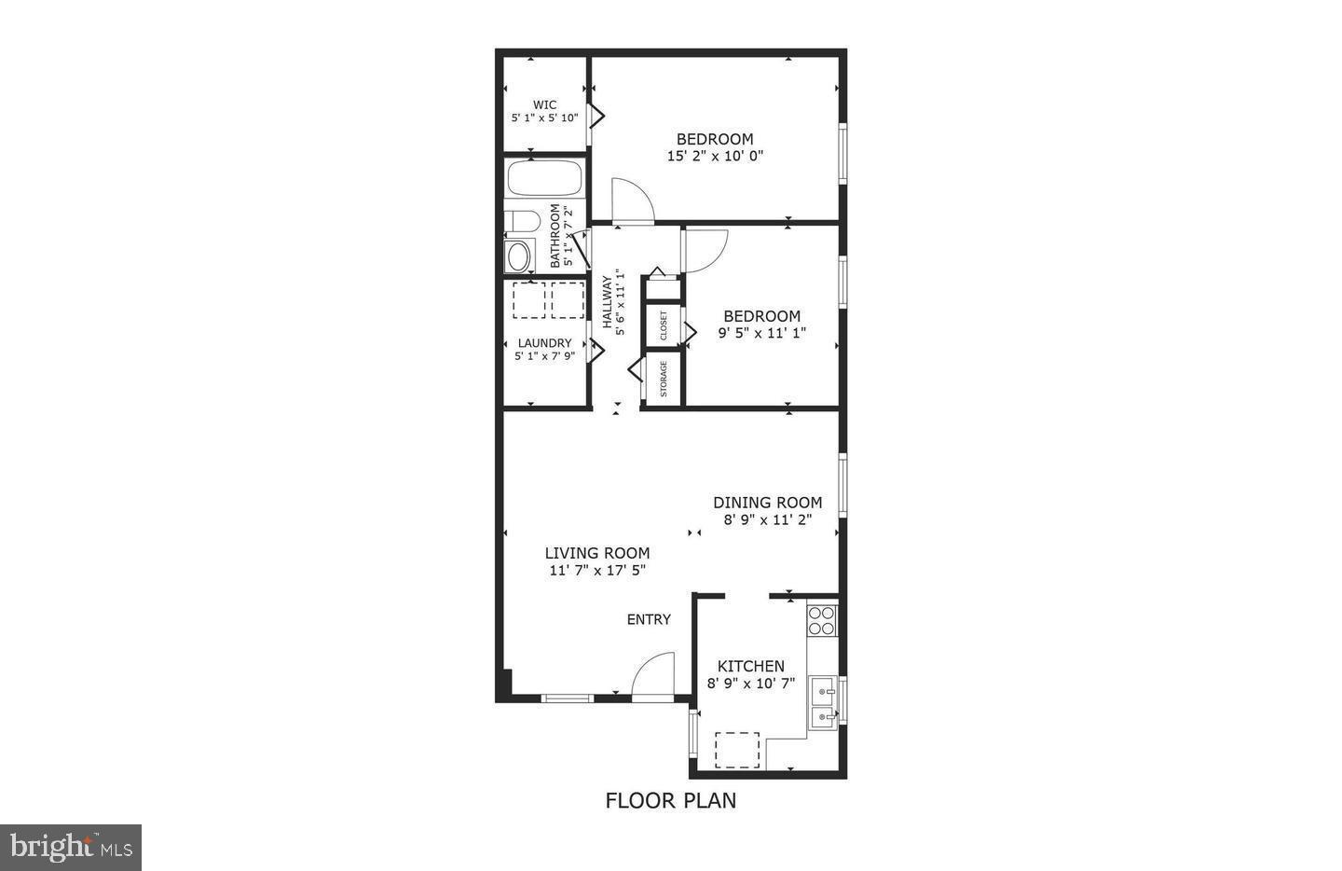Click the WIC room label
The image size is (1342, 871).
[x=545, y=104]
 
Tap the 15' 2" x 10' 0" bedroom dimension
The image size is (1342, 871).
[x=715, y=157]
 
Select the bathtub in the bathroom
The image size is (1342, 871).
[x=545, y=178]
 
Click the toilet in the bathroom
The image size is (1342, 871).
[x=522, y=222]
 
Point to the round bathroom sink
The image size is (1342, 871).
[x=517, y=256]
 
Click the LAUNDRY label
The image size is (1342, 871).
[x=544, y=343]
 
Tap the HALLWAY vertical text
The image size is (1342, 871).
[x=607, y=301]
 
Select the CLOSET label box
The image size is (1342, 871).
[x=664, y=325]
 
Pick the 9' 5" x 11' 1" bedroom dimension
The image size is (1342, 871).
[x=761, y=332]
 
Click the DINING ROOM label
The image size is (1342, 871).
[x=768, y=503]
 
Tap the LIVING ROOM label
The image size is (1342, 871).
[x=597, y=553]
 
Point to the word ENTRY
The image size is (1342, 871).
[x=649, y=619]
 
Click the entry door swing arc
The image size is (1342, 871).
[x=652, y=673]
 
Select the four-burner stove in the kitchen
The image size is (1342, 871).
[x=822, y=620]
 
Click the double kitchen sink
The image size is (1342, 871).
[x=822, y=703]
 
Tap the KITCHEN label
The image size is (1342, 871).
[x=750, y=666]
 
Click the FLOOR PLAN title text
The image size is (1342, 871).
[x=671, y=800]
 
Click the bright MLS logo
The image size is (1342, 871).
[x=71, y=848]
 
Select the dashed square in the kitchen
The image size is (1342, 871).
[x=737, y=750]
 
